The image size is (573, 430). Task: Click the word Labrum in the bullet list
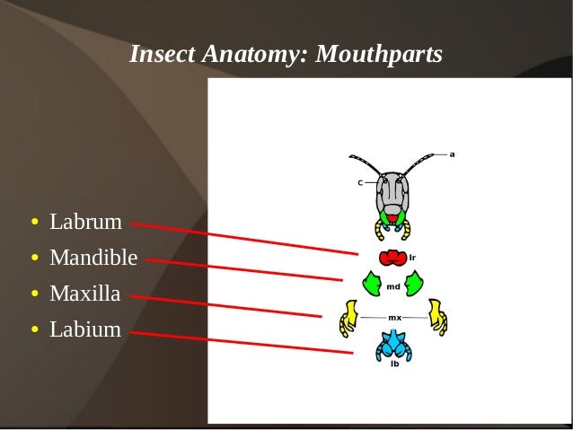(85, 222)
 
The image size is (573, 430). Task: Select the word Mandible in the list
(93, 259)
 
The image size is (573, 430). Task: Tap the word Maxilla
(84, 294)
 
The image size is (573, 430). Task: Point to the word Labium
(84, 329)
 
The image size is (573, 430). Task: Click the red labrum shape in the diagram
(392, 259)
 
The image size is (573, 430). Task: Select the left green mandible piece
(370, 285)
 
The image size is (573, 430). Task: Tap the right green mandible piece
(414, 285)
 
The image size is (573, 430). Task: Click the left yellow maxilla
(348, 317)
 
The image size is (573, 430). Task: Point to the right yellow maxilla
(437, 317)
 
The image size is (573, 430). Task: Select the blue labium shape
(393, 344)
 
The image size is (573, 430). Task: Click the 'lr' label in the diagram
(412, 258)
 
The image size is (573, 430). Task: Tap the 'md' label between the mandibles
(393, 287)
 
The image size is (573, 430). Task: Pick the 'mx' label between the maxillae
(394, 318)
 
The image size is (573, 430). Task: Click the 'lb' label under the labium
(394, 364)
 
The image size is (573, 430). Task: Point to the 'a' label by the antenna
(452, 154)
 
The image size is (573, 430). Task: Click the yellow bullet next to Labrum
(34, 223)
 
